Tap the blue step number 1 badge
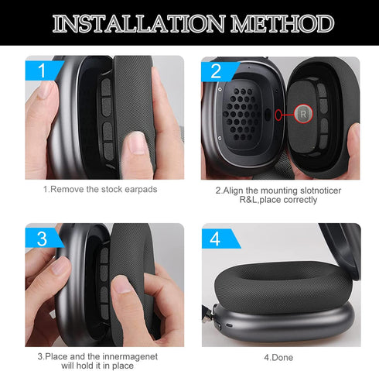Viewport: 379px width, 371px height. tap(43, 71)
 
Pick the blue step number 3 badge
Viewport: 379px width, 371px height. tap(43, 239)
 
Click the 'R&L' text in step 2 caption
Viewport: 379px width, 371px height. tap(230, 200)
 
